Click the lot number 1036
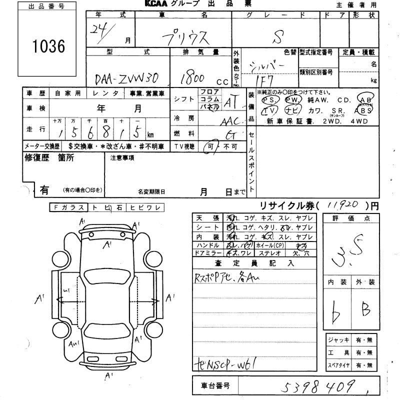pos(48,46)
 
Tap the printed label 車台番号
pos(215,386)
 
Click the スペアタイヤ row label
pos(338,365)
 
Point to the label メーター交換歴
pos(42,146)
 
